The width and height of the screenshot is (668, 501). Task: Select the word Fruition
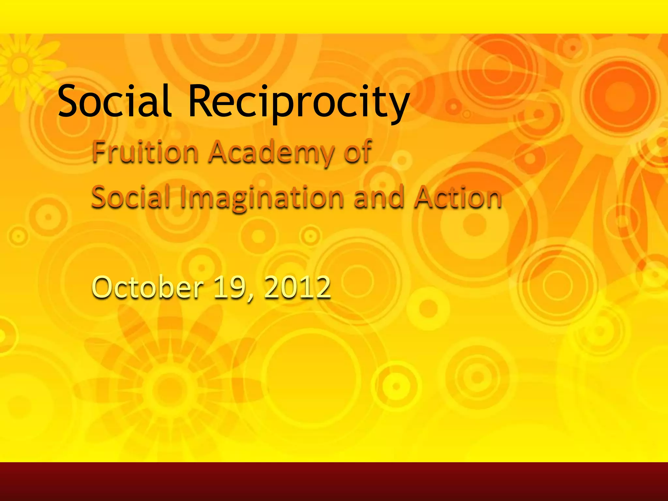145,152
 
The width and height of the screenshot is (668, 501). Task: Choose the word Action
458,197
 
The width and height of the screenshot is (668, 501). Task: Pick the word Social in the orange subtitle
130,197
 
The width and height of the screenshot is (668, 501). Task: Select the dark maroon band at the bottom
334,481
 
